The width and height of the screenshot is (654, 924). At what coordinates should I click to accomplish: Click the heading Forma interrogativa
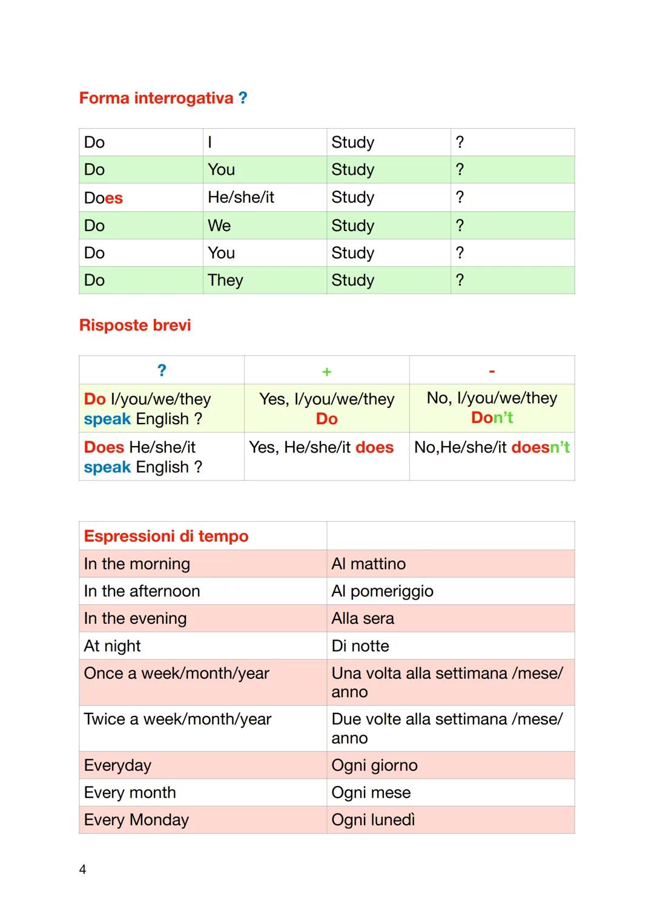156,98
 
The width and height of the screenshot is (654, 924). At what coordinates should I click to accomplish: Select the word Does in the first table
104,198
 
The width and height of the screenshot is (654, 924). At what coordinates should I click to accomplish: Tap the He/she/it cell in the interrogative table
241,197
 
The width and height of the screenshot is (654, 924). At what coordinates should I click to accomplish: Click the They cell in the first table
225,280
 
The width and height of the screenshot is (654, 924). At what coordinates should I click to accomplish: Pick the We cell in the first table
219,226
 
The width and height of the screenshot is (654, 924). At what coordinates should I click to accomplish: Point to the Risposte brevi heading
135,326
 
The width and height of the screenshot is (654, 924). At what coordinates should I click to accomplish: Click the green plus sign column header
326,372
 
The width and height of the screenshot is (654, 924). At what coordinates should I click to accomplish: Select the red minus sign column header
492,371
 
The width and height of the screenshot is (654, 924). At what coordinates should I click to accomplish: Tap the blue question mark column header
162,370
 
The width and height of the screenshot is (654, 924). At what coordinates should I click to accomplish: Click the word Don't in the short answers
492,418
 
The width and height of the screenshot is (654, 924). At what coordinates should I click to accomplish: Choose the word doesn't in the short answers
540,447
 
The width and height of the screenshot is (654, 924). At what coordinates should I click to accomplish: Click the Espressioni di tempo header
167,536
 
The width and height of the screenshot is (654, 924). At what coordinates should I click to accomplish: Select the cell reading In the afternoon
142,591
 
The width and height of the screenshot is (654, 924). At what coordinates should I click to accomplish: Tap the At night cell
113,646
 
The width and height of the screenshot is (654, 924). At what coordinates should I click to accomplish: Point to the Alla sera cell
363,618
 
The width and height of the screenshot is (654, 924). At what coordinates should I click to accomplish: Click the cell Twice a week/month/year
178,719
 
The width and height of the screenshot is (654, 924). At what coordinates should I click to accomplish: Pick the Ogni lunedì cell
373,820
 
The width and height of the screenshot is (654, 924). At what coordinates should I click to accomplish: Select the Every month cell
130,793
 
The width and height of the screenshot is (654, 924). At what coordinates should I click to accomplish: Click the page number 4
83,870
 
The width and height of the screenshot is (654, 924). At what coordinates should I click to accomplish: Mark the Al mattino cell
369,564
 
